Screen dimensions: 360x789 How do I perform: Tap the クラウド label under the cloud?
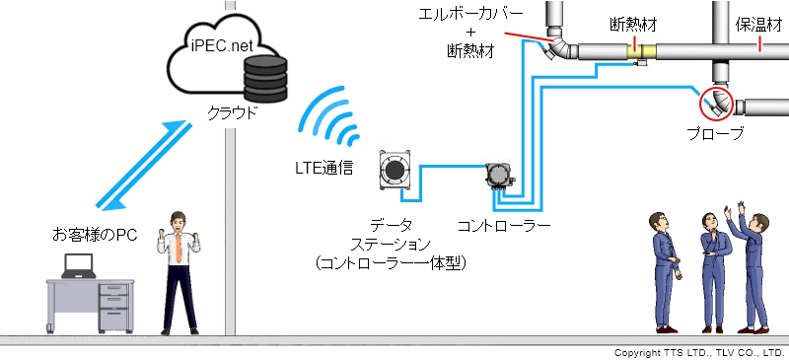[233, 111]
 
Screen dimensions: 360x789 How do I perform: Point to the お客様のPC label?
[93, 234]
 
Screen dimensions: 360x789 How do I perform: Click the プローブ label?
[715, 133]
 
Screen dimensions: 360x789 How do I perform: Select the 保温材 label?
[759, 24]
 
